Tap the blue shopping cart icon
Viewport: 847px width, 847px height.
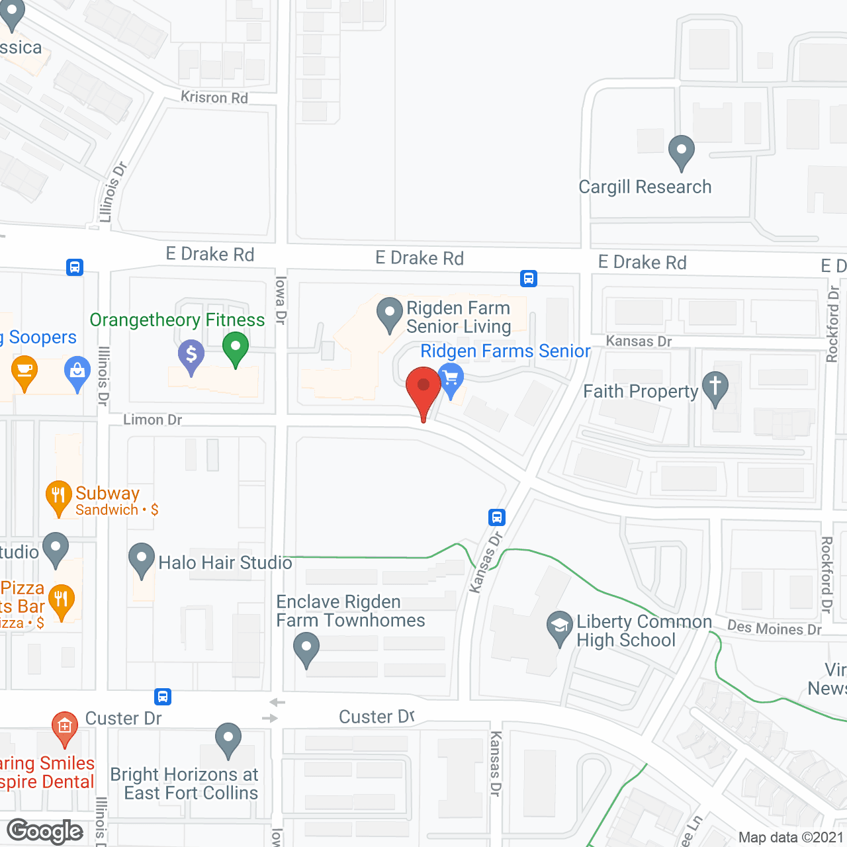point(451,379)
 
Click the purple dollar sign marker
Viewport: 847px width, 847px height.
point(191,355)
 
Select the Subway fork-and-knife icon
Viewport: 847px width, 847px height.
point(59,495)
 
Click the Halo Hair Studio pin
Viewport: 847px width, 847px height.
point(141,559)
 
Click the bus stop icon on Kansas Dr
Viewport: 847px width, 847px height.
point(497,517)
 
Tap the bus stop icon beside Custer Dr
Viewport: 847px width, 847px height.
point(163,696)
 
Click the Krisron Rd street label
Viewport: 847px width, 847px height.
point(214,97)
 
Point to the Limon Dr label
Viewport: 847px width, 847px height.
point(152,420)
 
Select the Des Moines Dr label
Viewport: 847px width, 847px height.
point(774,628)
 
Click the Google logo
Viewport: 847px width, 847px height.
point(44,831)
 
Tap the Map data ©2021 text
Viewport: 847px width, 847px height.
point(791,837)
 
